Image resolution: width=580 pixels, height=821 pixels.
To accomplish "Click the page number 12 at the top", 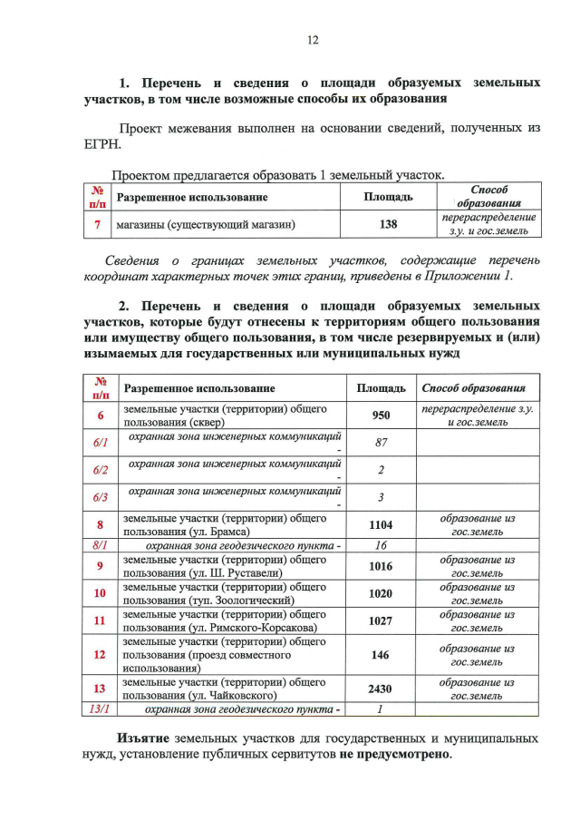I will click(x=313, y=39).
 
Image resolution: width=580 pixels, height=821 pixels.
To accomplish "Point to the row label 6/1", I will click(x=101, y=443).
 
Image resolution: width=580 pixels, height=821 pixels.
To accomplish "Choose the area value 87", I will click(x=381, y=443).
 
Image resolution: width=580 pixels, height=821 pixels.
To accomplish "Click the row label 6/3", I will click(x=101, y=497).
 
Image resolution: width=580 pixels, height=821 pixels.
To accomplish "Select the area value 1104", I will click(x=381, y=524).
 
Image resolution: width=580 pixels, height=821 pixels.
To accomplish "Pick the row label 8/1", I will click(x=101, y=545).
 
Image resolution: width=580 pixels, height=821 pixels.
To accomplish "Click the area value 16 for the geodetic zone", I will click(x=381, y=545).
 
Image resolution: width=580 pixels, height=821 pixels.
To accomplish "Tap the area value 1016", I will click(x=381, y=566).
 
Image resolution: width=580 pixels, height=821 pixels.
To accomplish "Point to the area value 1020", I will click(x=381, y=593).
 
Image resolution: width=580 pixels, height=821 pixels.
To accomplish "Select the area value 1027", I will click(x=381, y=621).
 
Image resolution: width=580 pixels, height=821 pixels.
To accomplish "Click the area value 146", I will click(x=381, y=654).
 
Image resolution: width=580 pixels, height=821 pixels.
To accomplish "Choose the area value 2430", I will click(x=381, y=689).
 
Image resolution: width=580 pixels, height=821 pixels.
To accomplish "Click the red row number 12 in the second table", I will click(x=100, y=654).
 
